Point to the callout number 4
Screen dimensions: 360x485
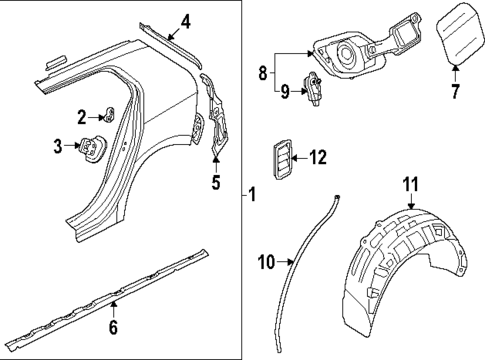[185, 19]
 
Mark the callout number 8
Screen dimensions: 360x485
[263, 73]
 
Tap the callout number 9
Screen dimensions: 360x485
[286, 93]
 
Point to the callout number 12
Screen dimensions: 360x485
[318, 156]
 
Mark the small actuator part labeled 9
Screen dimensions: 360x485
[316, 87]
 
